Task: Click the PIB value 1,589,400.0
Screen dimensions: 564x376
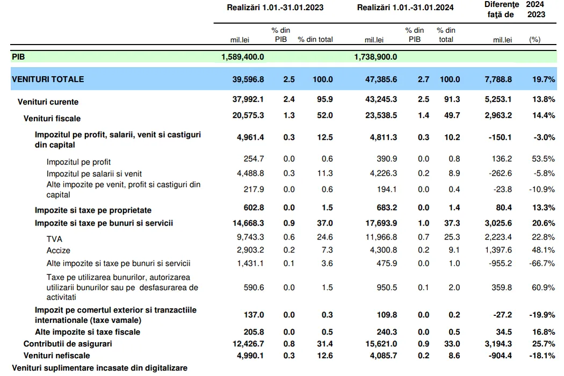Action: (242, 57)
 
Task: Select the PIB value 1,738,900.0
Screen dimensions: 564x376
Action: (375, 57)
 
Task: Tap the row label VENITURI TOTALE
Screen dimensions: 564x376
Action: (48, 79)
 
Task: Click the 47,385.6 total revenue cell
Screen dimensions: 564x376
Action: (381, 79)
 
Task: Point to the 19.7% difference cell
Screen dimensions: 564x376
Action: (544, 79)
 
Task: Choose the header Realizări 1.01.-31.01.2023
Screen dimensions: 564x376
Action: (275, 8)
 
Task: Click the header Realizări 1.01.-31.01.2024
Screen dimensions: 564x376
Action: (406, 8)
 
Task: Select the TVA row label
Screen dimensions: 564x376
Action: (54, 239)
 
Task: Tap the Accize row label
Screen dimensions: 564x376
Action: (58, 250)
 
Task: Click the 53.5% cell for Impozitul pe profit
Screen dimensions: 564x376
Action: (544, 158)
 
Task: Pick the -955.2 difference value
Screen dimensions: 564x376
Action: (500, 263)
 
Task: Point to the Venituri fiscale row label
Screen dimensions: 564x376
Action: (52, 118)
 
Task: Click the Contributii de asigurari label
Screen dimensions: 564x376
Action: (68, 344)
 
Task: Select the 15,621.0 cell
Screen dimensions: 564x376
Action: (381, 344)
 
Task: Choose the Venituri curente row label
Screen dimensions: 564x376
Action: (48, 102)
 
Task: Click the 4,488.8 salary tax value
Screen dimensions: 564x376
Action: (250, 173)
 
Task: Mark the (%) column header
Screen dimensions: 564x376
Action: (535, 40)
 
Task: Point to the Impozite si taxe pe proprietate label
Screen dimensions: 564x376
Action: (93, 210)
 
